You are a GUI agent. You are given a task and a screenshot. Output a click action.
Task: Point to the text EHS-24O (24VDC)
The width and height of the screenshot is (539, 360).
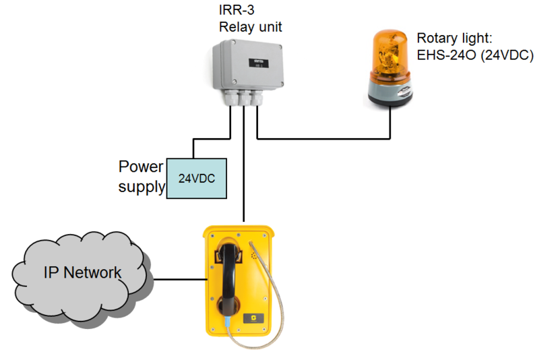475,56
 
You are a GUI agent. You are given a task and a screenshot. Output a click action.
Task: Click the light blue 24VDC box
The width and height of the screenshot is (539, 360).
196,179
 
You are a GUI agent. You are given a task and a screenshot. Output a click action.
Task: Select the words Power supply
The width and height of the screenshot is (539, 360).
141,177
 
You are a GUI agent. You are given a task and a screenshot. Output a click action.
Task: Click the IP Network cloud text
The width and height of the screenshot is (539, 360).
82,273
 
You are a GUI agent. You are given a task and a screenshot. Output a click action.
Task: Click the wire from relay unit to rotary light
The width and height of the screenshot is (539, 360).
323,140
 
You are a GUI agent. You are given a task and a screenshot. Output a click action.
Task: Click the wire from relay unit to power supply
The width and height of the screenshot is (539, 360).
212,140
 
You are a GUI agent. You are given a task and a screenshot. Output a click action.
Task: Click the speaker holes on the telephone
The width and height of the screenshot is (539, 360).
254,256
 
